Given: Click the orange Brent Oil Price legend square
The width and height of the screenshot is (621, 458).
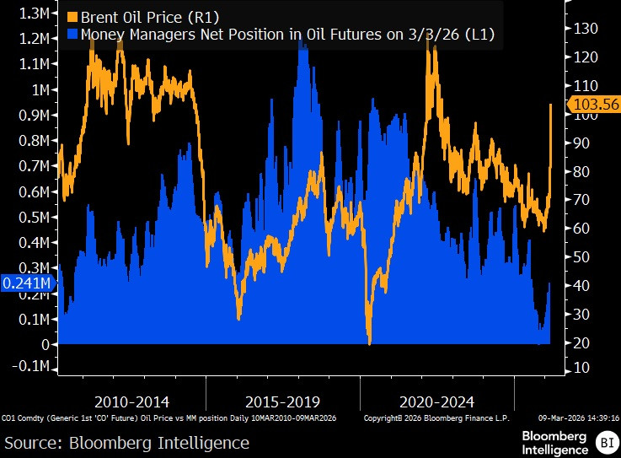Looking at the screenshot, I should click(x=72, y=16).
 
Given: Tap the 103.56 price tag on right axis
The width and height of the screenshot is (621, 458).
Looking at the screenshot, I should click(x=595, y=105).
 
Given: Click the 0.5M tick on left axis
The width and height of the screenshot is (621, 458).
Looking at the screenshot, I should click(x=36, y=217).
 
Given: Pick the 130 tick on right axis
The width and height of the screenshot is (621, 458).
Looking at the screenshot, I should click(x=584, y=29).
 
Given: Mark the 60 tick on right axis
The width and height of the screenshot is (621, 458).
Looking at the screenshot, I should click(x=581, y=229).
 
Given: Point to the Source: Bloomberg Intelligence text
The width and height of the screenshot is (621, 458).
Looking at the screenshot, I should click(x=126, y=443).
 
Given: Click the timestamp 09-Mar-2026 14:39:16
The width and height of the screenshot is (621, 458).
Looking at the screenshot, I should click(x=577, y=418).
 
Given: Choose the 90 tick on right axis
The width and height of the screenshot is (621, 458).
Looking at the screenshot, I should click(x=581, y=143).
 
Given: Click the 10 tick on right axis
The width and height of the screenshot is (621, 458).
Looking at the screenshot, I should click(x=581, y=369).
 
